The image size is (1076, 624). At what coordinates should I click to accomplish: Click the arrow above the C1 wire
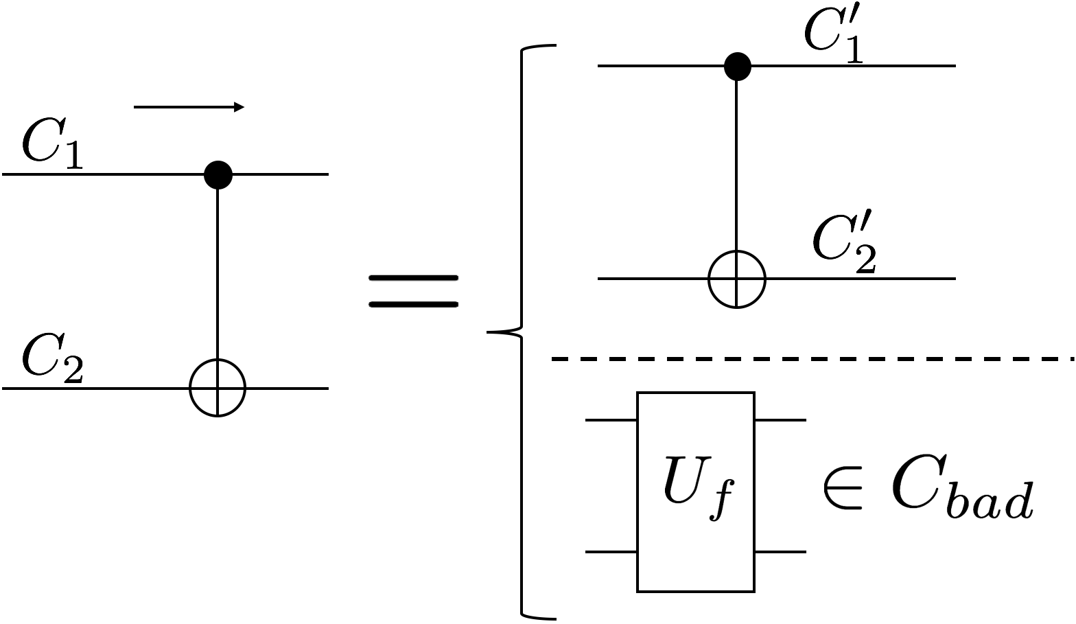tap(189, 107)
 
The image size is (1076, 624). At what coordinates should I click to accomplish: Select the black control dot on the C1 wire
tap(218, 175)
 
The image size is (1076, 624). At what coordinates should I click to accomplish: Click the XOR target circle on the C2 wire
tap(218, 389)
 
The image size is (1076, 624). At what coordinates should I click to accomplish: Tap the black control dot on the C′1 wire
tap(737, 67)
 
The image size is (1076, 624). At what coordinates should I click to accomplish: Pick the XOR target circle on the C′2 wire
tap(736, 279)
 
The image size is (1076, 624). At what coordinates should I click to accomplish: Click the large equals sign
tap(413, 291)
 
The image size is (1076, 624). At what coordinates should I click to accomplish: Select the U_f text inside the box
tap(694, 488)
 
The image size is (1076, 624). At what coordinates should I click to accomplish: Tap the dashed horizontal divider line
tap(810, 358)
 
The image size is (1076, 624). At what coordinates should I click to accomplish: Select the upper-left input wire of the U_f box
tap(611, 419)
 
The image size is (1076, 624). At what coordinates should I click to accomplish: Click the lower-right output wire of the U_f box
tap(780, 552)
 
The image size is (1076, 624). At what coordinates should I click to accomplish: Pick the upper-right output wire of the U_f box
tap(780, 419)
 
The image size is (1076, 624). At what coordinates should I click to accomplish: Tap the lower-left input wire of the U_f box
tap(611, 552)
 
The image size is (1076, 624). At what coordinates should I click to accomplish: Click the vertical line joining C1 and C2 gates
tap(218, 275)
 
